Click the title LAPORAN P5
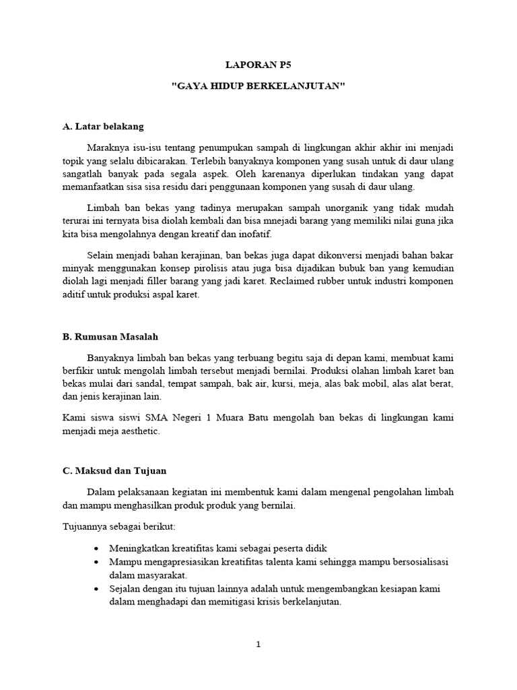point(258,66)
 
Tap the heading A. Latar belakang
point(102,126)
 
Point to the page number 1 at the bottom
point(258,644)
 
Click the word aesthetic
point(139,431)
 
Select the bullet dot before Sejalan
point(98,589)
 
